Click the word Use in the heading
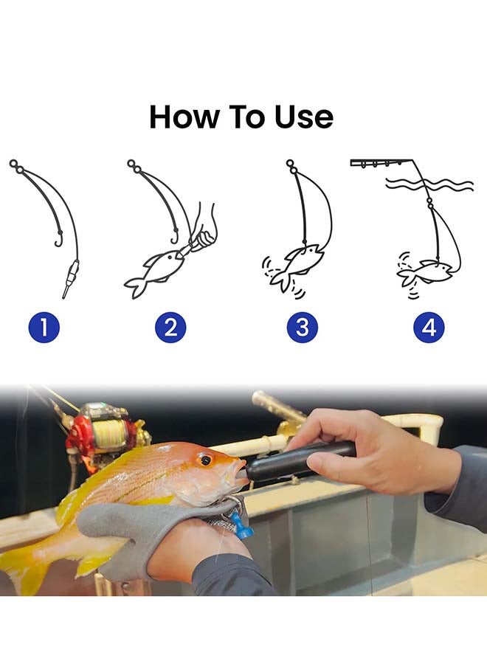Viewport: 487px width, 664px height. coord(303,117)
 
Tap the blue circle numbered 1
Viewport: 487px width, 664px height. coord(44,327)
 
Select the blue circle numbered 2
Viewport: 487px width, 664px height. coord(170,327)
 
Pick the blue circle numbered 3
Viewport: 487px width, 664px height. coord(302,327)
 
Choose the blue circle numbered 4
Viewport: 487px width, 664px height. coord(429,327)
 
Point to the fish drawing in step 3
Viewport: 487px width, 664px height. coord(299,263)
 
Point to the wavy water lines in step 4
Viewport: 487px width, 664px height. coord(438,184)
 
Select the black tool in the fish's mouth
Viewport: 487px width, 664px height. coord(295,461)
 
